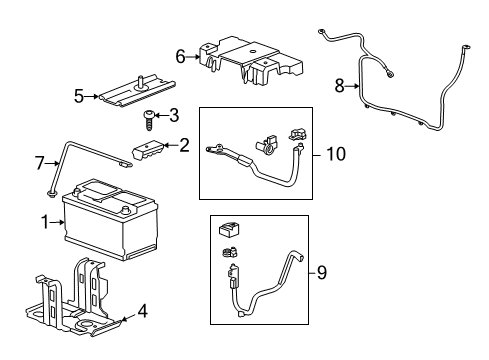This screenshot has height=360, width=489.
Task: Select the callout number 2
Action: (184, 146)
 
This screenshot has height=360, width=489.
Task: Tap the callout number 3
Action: (173, 114)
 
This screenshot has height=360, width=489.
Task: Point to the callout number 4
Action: (142, 311)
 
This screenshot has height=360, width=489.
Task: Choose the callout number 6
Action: (181, 57)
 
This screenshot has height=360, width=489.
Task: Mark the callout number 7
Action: (40, 161)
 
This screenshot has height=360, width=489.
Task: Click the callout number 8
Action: (340, 86)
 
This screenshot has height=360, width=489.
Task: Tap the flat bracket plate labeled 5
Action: (134, 90)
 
